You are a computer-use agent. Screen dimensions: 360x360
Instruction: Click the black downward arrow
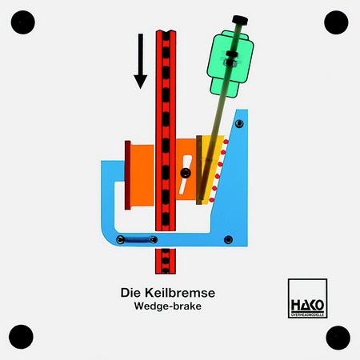(x=140, y=61)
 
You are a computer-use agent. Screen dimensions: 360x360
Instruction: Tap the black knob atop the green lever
(x=240, y=20)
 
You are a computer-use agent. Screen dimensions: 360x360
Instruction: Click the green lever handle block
(x=230, y=64)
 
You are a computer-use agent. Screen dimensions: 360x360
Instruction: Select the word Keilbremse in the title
(x=180, y=293)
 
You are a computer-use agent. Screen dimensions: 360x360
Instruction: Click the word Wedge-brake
(x=168, y=306)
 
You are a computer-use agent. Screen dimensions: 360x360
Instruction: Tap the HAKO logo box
(x=307, y=298)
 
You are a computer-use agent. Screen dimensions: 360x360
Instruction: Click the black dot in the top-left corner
(x=23, y=22)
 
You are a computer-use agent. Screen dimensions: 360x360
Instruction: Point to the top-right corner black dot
(x=336, y=22)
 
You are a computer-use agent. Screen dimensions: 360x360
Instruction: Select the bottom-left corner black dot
(x=21, y=337)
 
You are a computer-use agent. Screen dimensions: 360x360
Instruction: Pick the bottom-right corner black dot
(x=338, y=338)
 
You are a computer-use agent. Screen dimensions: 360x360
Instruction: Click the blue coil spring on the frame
(x=137, y=240)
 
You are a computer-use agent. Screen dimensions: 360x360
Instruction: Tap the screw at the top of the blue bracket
(x=239, y=123)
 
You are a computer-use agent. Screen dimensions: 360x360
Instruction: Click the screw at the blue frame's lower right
(x=228, y=240)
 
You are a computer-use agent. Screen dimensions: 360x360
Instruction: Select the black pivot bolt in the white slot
(x=186, y=173)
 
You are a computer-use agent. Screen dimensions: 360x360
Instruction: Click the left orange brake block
(x=142, y=175)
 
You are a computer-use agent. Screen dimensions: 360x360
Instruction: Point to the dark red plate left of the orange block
(x=127, y=175)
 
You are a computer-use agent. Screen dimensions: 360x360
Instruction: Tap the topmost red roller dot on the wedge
(x=226, y=142)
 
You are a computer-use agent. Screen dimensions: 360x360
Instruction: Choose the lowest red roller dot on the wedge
(x=212, y=200)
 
